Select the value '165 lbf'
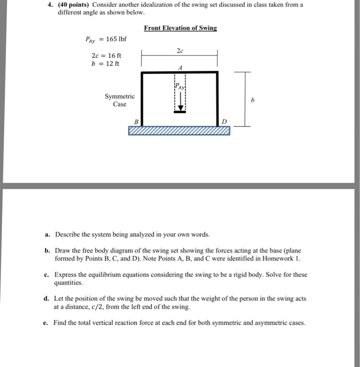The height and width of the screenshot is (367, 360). (116, 39)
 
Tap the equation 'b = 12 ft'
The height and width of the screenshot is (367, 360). (105, 64)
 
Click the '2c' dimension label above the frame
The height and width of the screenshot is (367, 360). (180, 51)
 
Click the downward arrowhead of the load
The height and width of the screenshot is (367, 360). (180, 109)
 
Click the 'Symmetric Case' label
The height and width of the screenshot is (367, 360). (120, 100)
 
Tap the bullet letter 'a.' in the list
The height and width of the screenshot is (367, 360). (47, 234)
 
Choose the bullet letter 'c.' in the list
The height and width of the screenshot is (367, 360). (47, 274)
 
